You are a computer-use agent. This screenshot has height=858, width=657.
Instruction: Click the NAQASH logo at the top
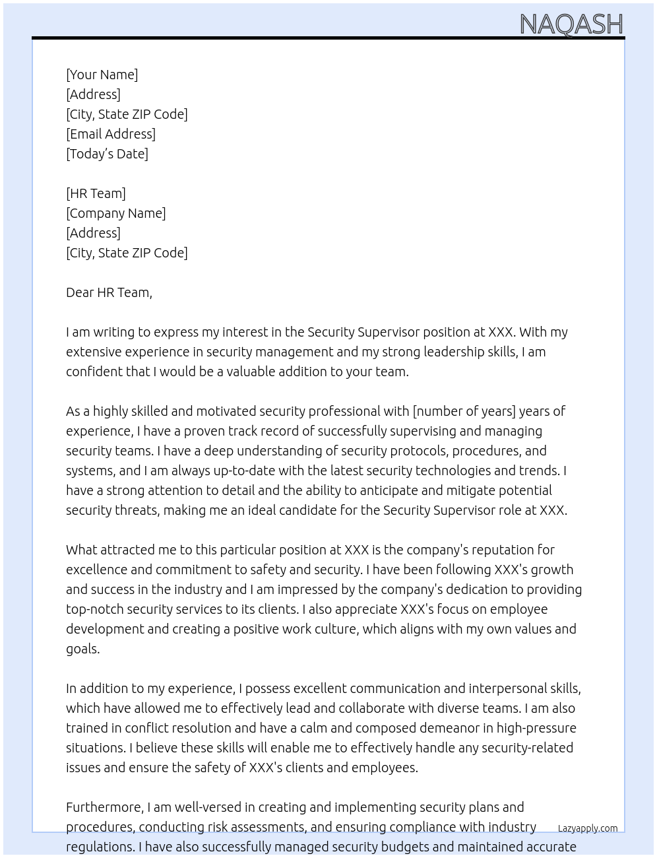(x=571, y=24)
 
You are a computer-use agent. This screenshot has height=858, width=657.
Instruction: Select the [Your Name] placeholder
(x=102, y=75)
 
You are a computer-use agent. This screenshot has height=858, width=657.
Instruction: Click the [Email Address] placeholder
(x=111, y=134)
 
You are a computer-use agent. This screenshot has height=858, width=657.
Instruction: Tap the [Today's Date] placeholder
(x=107, y=154)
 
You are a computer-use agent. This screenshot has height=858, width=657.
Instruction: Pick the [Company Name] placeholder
(x=115, y=213)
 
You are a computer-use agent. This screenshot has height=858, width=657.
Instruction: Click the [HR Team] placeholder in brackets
(x=96, y=193)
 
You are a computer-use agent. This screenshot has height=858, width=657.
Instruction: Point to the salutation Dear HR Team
(x=109, y=292)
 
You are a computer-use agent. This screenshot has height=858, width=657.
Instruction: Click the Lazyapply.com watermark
(x=588, y=828)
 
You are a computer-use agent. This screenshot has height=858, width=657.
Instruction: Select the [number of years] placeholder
(x=464, y=411)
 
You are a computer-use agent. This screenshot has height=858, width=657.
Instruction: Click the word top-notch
(x=94, y=609)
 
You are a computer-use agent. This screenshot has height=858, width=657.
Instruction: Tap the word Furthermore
(x=104, y=807)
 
